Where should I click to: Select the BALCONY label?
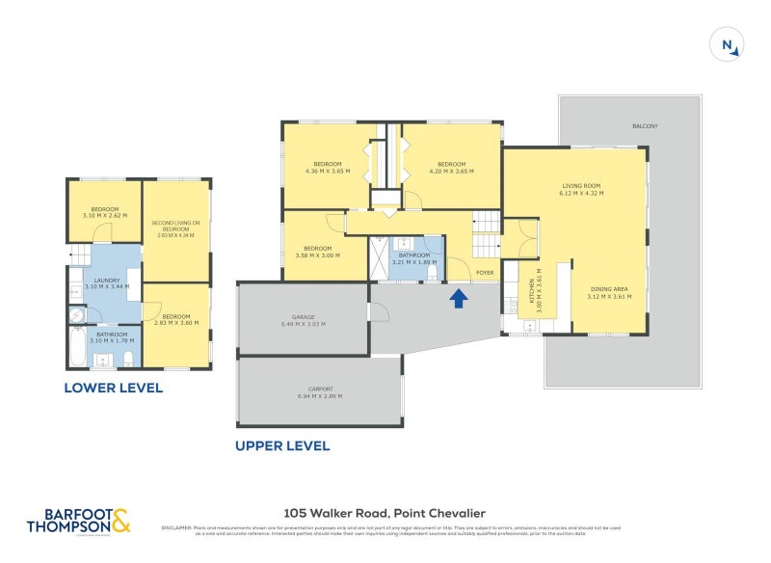(645, 126)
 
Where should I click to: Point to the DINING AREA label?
(607, 292)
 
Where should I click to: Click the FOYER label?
(484, 272)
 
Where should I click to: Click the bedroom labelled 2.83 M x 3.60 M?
(175, 319)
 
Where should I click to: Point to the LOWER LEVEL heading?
(113, 389)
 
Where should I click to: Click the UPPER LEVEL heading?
(282, 446)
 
